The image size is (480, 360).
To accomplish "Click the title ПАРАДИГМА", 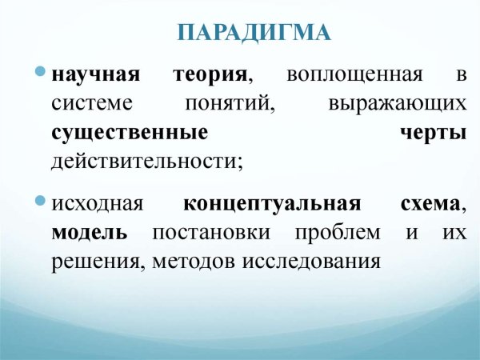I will pyautogui.click(x=253, y=34).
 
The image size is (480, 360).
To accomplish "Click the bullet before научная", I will pyautogui.click(x=41, y=72).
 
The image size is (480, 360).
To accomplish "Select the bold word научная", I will pyautogui.click(x=94, y=77).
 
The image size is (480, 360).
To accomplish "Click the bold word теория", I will pyautogui.click(x=210, y=77).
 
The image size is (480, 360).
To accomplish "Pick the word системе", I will pyautogui.click(x=90, y=105).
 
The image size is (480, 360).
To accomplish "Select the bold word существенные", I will pyautogui.click(x=130, y=133).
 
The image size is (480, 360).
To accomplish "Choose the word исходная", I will pyautogui.click(x=97, y=204).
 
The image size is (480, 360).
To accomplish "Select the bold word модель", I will pyautogui.click(x=90, y=232).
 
